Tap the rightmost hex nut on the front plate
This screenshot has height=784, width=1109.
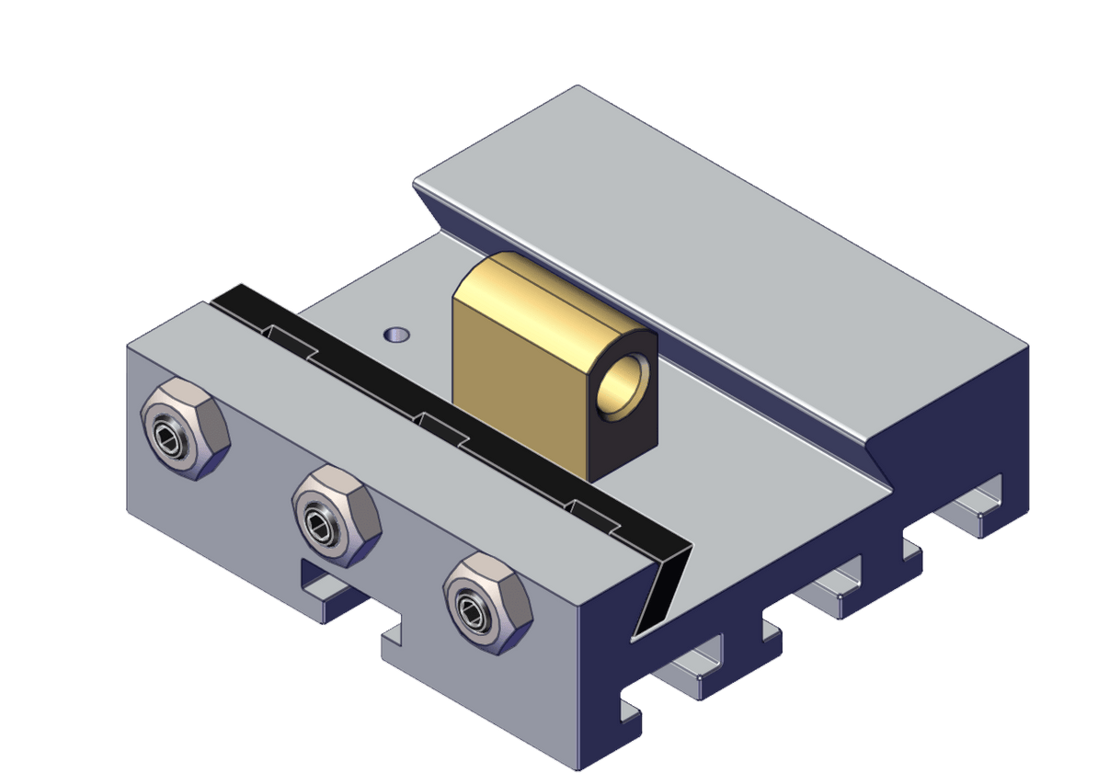point(487,602)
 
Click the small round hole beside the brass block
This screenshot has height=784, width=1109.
point(397,333)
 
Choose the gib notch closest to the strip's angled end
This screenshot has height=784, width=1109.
point(593,514)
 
